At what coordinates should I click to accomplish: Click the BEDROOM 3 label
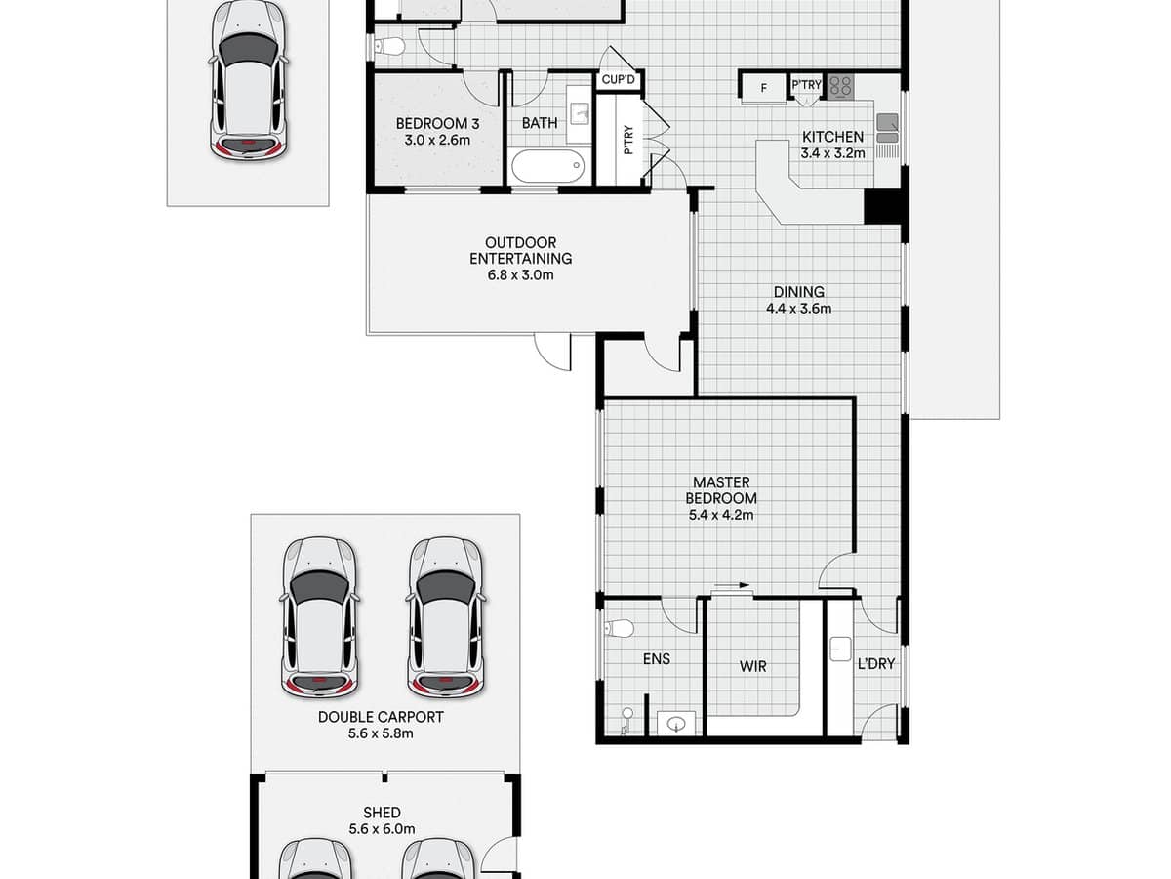coord(432,132)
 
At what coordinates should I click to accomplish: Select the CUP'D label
coord(618,80)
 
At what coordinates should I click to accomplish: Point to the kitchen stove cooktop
coord(840,86)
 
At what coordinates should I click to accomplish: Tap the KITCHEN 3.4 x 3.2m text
coord(832,145)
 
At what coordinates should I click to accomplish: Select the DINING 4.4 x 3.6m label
coord(798,300)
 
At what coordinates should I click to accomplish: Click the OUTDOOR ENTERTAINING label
coord(520,259)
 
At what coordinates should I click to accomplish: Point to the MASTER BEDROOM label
coord(721,497)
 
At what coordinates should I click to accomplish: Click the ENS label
coord(657,659)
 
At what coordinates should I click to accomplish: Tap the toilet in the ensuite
coord(619,626)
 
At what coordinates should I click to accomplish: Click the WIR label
coord(752,666)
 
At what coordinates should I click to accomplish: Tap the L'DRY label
coord(875,664)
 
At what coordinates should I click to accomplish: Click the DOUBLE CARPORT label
coord(381,725)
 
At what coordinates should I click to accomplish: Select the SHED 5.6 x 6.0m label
coord(381,820)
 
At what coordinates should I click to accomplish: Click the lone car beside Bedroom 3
coord(248,78)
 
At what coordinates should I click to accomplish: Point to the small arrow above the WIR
coord(731,587)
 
